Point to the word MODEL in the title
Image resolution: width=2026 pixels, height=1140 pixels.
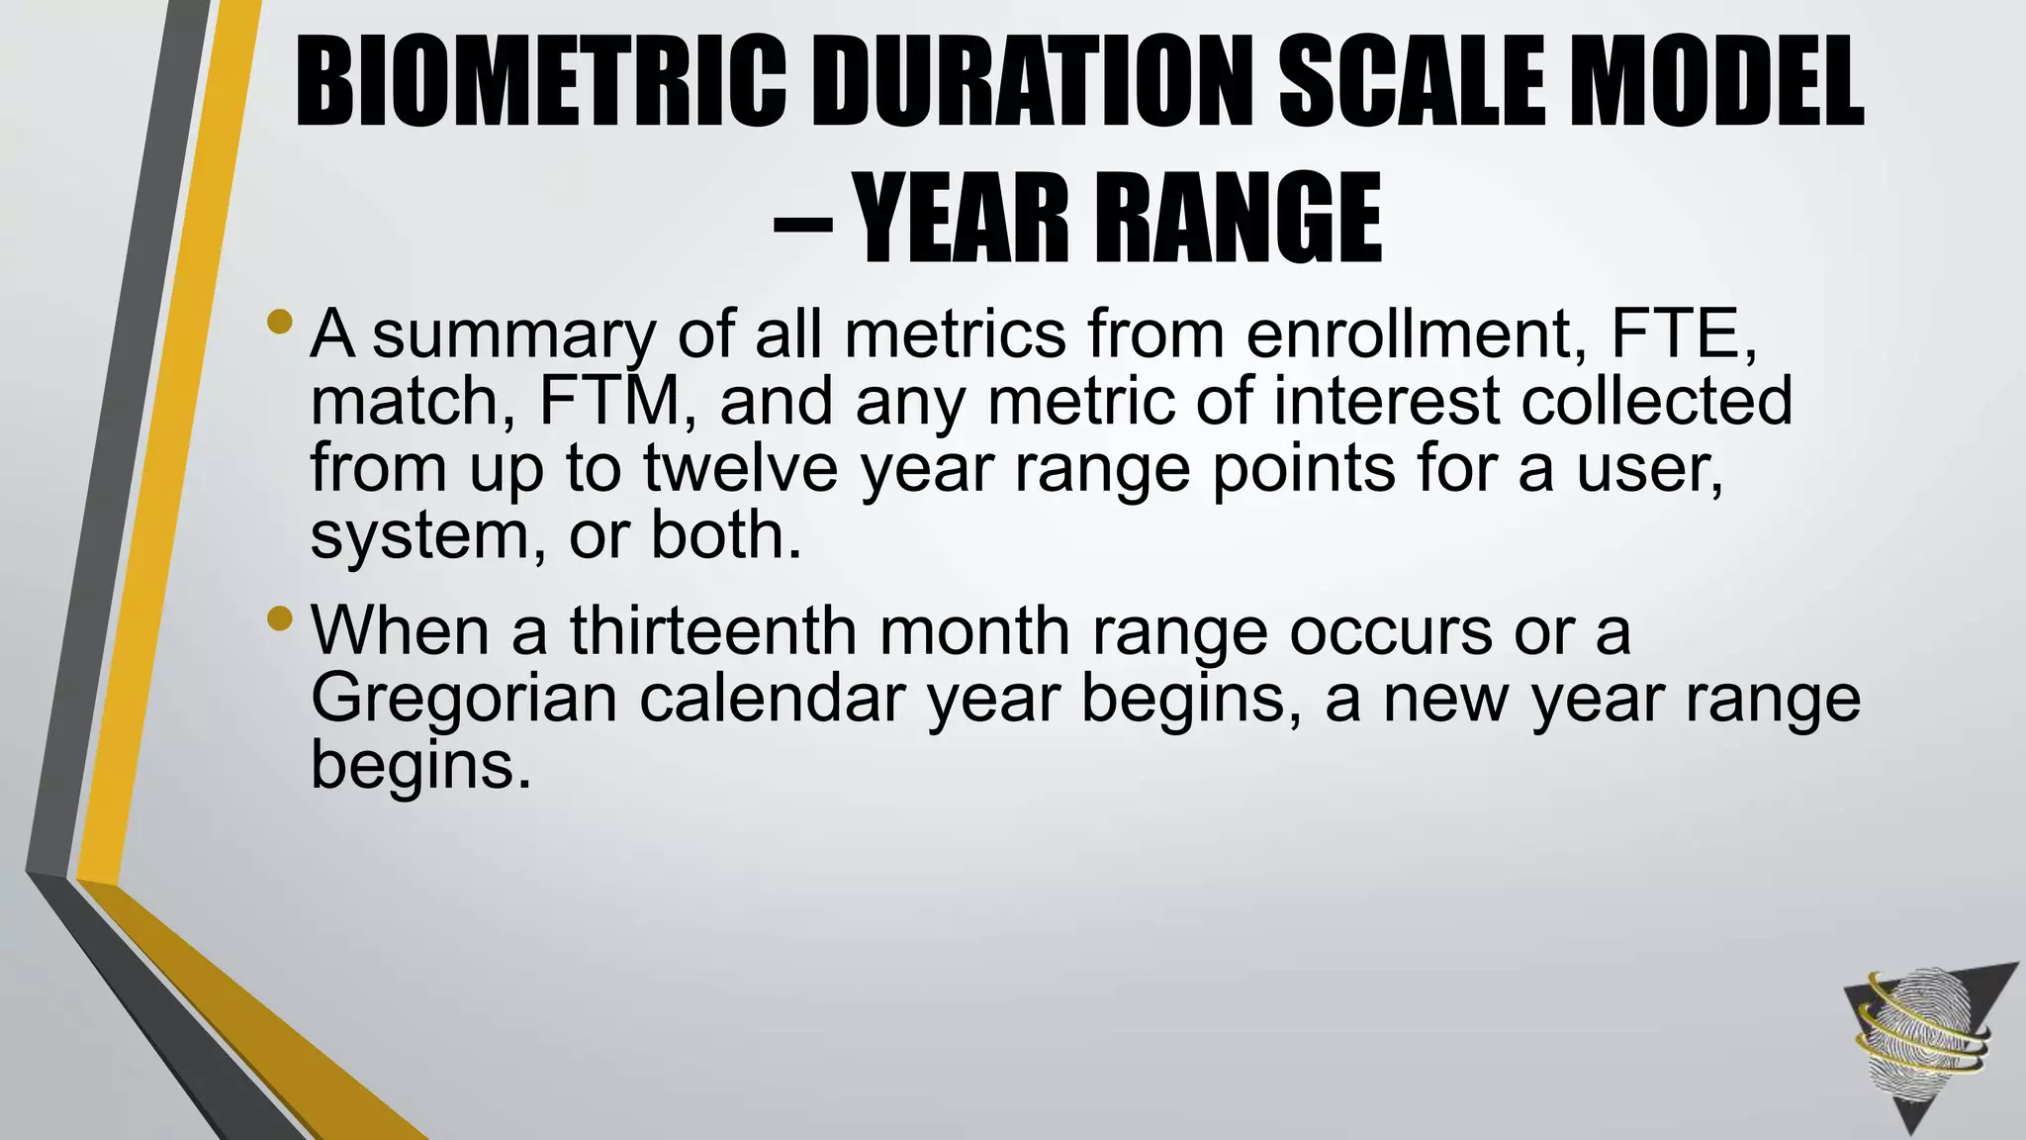[1724, 82]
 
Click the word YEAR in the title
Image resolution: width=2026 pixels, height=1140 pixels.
[961, 219]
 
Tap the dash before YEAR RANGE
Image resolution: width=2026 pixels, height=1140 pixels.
[801, 224]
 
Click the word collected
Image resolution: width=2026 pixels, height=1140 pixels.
[1656, 401]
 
